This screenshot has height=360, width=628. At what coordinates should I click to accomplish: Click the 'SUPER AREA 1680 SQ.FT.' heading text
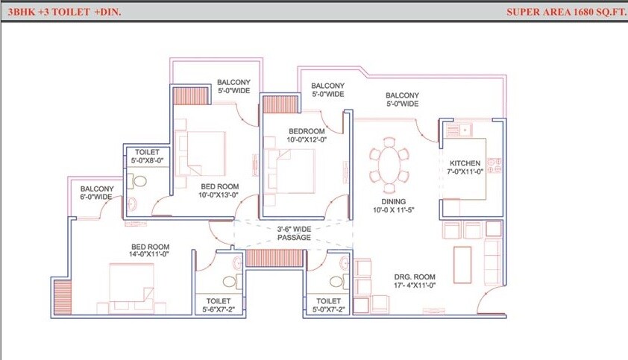(563, 12)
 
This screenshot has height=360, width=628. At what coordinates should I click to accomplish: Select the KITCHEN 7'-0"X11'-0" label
(466, 167)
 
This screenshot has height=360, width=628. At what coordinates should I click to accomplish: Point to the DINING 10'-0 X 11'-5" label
(394, 206)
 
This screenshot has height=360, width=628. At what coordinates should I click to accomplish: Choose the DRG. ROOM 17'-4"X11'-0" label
(415, 280)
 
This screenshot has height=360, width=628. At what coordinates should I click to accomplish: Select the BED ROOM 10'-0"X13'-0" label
(218, 191)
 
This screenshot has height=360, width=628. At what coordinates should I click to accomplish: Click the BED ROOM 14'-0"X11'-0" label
(150, 251)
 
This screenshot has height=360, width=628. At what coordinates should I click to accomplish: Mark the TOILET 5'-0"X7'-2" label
(327, 306)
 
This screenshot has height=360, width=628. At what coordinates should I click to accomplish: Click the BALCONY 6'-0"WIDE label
(96, 193)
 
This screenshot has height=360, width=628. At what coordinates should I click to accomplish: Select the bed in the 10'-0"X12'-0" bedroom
(292, 170)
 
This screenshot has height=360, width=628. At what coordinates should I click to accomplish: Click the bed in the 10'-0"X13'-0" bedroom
(201, 153)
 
